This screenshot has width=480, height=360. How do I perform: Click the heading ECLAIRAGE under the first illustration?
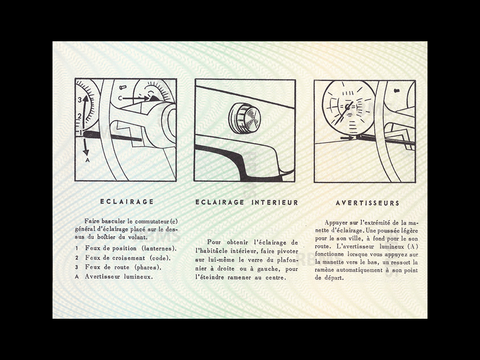(x=127, y=202)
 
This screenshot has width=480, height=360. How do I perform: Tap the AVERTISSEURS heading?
(x=367, y=203)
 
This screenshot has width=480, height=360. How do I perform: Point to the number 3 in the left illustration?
(x=80, y=99)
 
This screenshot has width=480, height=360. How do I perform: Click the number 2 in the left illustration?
(x=80, y=116)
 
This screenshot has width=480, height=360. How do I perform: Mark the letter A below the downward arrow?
(x=87, y=160)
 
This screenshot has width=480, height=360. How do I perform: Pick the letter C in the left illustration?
(x=120, y=98)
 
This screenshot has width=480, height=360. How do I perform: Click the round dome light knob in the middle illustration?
(x=244, y=118)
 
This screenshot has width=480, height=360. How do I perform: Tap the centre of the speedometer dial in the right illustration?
(x=347, y=108)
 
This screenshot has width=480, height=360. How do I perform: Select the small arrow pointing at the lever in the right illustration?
(x=347, y=138)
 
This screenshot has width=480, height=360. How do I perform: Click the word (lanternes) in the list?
(x=159, y=248)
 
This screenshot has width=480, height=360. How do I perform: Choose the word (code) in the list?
(x=160, y=258)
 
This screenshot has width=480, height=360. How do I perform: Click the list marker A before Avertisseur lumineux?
(x=76, y=277)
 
